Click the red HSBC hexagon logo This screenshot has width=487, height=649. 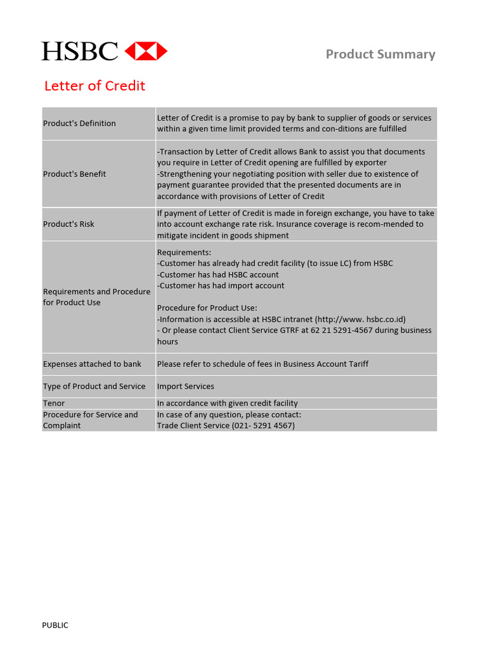146,51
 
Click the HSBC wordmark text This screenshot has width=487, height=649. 80,51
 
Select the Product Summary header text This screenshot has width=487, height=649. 380,55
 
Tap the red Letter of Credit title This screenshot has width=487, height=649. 94,86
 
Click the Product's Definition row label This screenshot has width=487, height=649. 79,124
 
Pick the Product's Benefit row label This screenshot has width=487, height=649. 74,174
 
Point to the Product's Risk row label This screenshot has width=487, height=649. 68,224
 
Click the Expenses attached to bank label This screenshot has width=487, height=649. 92,364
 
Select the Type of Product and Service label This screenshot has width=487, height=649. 94,387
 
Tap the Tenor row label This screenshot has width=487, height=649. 54,404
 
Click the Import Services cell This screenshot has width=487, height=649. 185,387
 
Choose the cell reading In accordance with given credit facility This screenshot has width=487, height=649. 227,404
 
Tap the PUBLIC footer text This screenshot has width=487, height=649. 55,626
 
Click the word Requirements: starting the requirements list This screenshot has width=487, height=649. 184,253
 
